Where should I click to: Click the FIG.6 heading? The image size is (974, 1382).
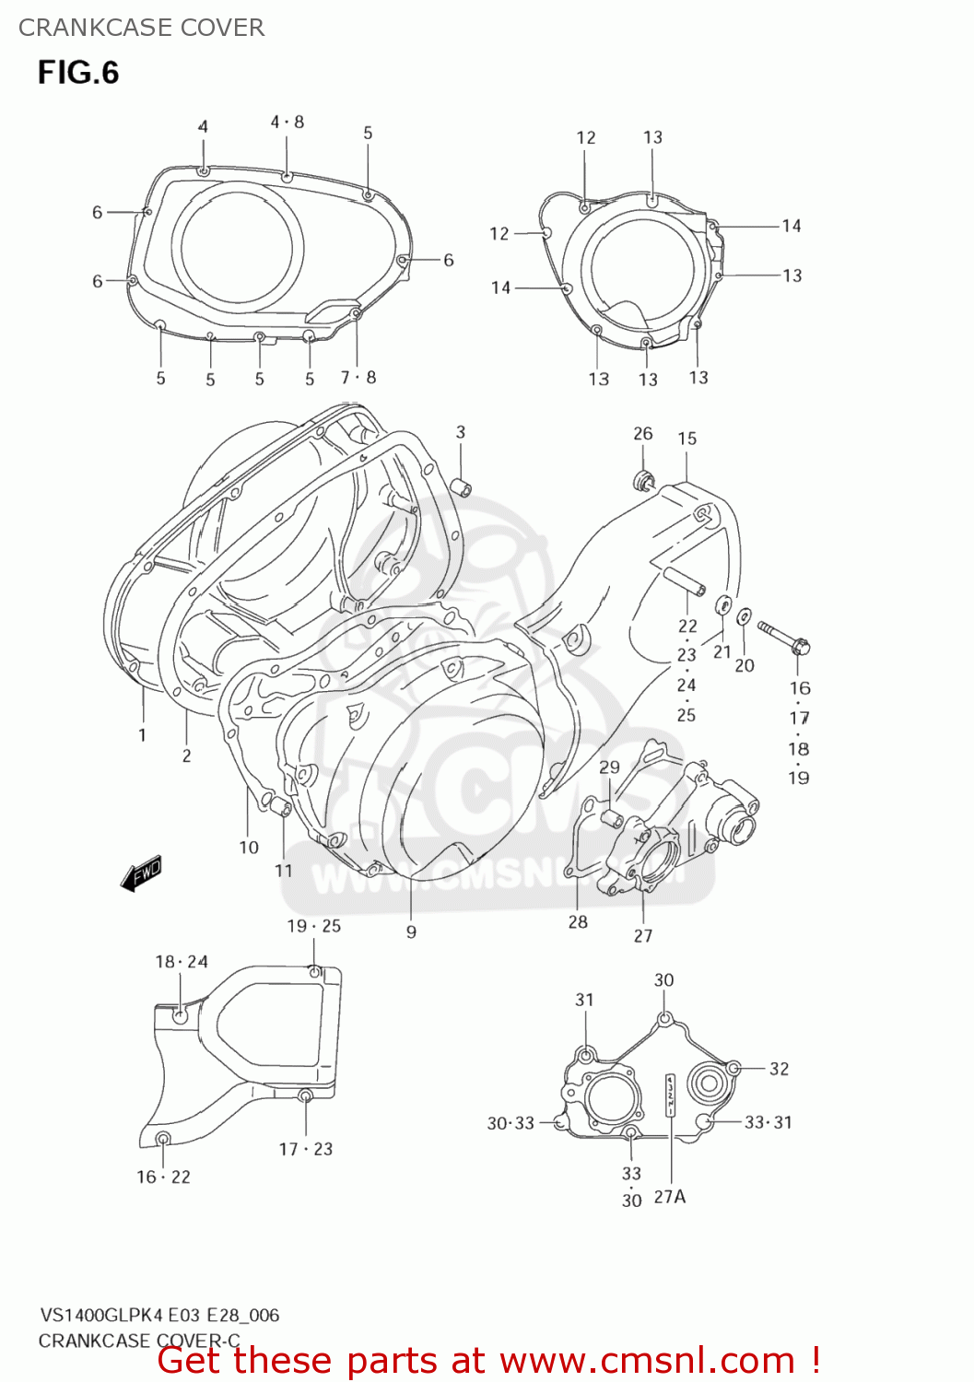tap(78, 72)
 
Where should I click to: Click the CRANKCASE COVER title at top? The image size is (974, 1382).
tap(141, 28)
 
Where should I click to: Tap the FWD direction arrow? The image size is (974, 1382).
tap(142, 873)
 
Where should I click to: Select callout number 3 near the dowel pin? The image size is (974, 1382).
tap(461, 432)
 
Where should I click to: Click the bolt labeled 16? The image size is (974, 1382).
tap(783, 638)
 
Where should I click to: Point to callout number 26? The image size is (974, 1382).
tap(642, 434)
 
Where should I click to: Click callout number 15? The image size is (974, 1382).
tap(687, 439)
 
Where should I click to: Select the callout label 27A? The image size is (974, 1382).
tap(670, 1197)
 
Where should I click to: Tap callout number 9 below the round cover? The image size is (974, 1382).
tap(411, 932)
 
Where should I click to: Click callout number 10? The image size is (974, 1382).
tap(249, 848)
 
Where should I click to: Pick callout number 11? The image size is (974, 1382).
tap(284, 871)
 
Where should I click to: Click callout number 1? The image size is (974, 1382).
tap(142, 735)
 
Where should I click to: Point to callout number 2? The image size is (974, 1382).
tap(187, 756)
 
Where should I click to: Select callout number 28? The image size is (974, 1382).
tap(578, 922)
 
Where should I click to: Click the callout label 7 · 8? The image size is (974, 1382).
tap(358, 378)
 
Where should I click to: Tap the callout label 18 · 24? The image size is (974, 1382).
tap(182, 962)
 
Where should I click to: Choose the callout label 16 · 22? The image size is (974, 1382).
tap(164, 1177)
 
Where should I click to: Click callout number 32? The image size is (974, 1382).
tap(780, 1069)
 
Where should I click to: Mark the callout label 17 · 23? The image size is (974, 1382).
tap(306, 1150)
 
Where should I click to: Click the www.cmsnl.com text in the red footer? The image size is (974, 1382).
tap(648, 1361)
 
